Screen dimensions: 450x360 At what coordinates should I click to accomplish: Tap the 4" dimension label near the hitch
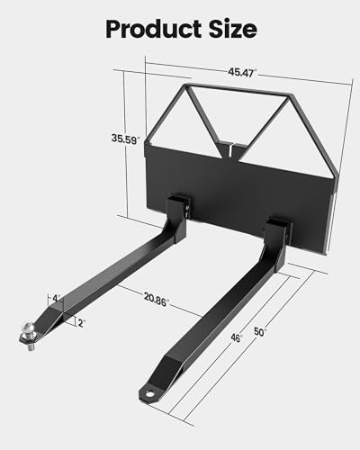(x=56, y=298)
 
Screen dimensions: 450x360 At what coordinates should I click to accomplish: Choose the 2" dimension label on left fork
(x=82, y=322)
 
